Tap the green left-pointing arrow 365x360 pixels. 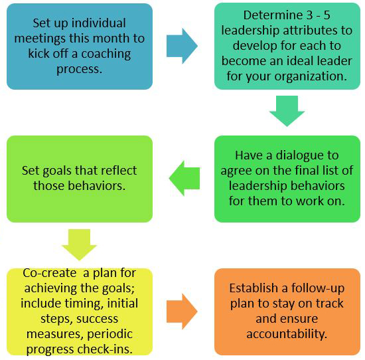tap(184, 178)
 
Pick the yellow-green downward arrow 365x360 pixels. tap(79, 244)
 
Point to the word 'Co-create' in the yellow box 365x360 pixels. tap(49, 273)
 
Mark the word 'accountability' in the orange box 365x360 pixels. tap(287, 334)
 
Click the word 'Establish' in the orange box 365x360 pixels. tap(254, 288)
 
